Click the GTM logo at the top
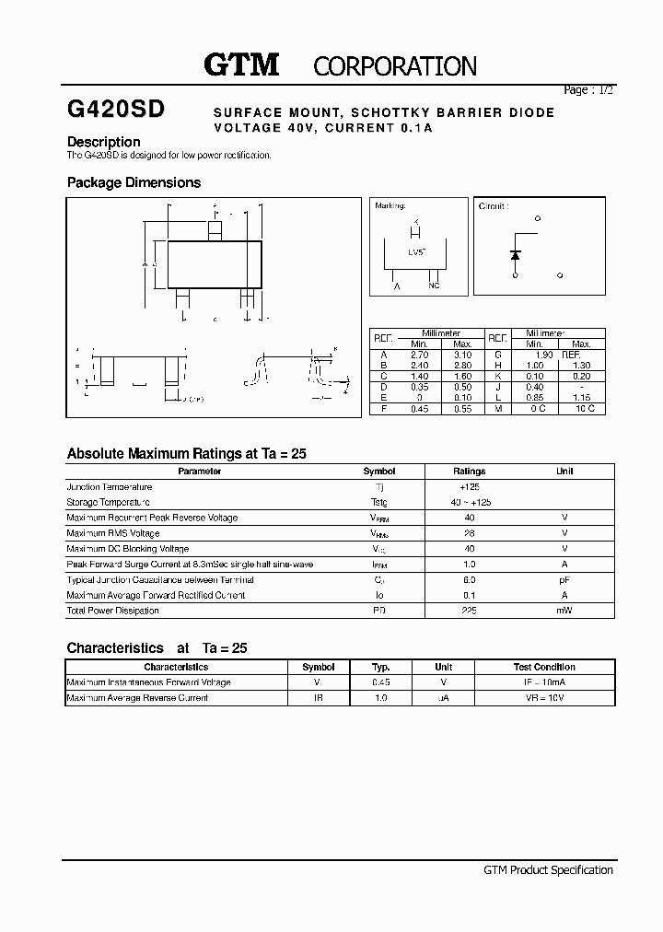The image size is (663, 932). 240,64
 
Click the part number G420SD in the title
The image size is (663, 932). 116,110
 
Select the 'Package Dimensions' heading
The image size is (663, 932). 134,182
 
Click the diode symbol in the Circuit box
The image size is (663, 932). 516,253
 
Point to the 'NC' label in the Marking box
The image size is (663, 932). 434,285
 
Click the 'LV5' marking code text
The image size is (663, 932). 416,250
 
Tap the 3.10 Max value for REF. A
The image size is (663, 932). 462,354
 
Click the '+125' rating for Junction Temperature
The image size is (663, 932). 469,486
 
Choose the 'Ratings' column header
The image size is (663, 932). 469,471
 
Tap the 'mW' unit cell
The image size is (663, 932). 564,611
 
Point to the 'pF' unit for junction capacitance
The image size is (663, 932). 564,580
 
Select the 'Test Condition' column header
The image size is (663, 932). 543,667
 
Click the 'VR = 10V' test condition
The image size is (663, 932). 543,698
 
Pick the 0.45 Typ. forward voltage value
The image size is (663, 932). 380,682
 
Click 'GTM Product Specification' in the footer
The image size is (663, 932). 548,869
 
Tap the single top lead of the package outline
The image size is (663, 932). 215,227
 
